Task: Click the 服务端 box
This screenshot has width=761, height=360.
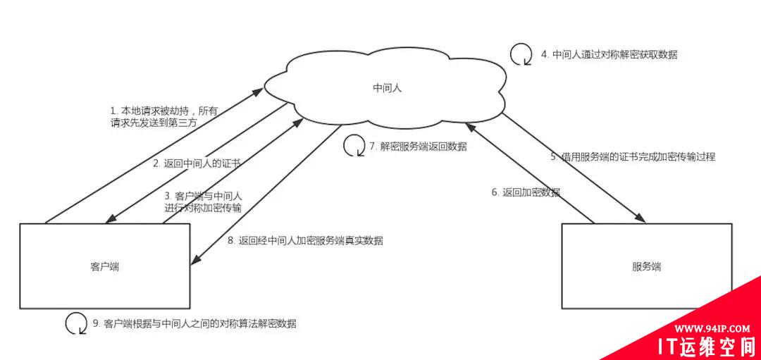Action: tap(646, 266)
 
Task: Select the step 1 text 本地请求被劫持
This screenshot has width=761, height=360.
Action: tap(163, 116)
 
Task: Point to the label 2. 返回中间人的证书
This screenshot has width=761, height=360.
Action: tap(197, 163)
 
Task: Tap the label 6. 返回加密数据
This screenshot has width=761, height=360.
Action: tap(526, 192)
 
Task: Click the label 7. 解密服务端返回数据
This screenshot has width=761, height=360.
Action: tap(418, 147)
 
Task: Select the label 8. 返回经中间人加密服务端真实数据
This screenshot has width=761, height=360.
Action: tap(305, 240)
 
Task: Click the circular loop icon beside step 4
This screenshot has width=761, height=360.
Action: tap(521, 54)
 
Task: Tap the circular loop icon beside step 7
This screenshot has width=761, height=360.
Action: tap(354, 146)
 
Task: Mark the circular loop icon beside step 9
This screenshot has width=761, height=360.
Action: tap(76, 323)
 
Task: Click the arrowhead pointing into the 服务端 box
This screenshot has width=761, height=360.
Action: tap(642, 218)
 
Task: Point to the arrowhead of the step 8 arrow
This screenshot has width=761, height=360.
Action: tap(195, 261)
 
